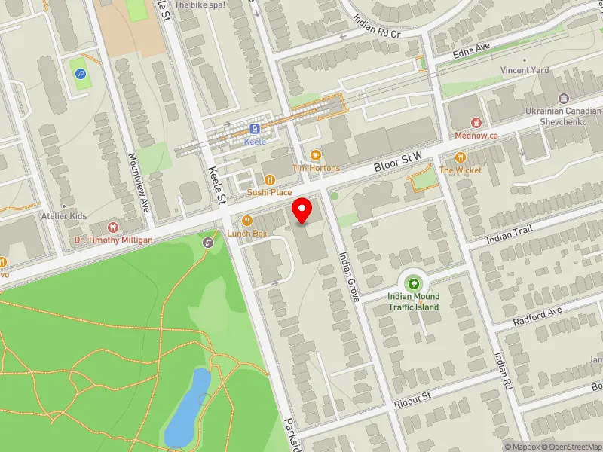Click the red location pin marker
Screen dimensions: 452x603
pyautogui.click(x=302, y=210)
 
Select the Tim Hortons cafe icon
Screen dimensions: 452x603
pyautogui.click(x=316, y=154)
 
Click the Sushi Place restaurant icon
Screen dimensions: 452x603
pyautogui.click(x=269, y=179)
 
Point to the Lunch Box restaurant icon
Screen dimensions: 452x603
pyautogui.click(x=247, y=221)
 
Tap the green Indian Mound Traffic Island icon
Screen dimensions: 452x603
pyautogui.click(x=413, y=283)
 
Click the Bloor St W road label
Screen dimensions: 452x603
pyautogui.click(x=399, y=160)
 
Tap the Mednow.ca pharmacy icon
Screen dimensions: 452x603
pyautogui.click(x=476, y=123)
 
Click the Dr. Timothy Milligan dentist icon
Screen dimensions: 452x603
pyautogui.click(x=113, y=226)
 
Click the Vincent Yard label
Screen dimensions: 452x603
pyautogui.click(x=525, y=71)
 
